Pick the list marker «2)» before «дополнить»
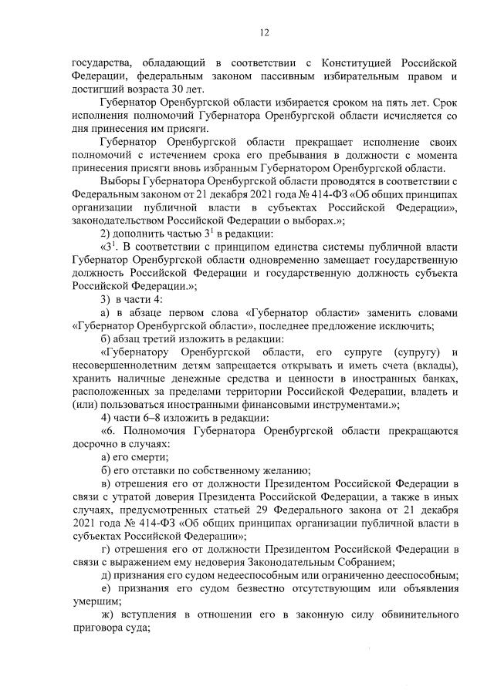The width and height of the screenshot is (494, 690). click(x=108, y=234)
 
